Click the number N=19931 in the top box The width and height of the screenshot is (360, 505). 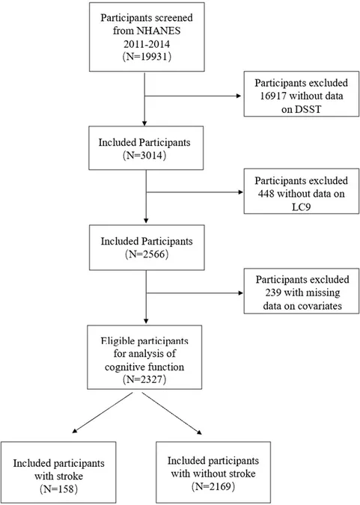(147, 57)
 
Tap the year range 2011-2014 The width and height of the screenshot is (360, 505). (147, 43)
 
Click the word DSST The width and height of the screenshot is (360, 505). (309, 109)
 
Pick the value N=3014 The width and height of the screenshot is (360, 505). (144, 156)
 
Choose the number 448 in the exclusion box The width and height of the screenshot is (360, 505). (266, 194)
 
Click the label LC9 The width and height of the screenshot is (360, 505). (301, 206)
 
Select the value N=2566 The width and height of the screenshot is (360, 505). (147, 254)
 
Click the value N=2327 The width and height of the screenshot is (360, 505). (144, 379)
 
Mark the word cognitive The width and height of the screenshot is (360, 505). (126, 367)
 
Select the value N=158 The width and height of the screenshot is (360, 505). (58, 489)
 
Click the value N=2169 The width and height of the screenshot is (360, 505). (213, 486)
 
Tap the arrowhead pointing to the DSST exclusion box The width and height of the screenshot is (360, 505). (239, 96)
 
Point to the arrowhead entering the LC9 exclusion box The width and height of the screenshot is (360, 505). (240, 192)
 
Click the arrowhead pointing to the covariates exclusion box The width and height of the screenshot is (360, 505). (240, 293)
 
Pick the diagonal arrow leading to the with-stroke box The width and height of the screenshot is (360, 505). (103, 412)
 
